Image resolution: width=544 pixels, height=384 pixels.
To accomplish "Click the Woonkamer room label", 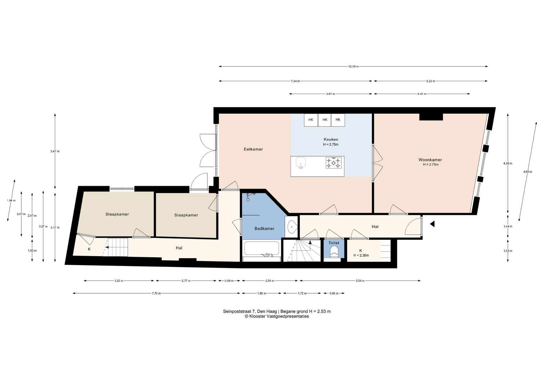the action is [430, 160].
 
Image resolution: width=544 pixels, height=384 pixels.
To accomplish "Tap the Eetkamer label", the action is [253, 149].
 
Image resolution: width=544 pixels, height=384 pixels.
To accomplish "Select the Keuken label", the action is [331, 139].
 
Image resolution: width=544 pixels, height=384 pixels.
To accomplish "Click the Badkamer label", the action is [264, 228].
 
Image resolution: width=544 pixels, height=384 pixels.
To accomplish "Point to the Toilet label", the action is [334, 243].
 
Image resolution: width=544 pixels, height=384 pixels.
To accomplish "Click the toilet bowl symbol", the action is [334, 252].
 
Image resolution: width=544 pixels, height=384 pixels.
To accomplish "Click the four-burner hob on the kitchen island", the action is [333, 163].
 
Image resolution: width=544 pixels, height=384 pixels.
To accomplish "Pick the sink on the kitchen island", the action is [301, 163].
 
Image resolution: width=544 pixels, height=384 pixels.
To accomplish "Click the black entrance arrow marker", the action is [432, 224].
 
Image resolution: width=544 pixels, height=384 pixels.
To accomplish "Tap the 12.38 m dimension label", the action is [353, 66].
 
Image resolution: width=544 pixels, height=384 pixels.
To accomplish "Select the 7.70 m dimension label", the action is [156, 293].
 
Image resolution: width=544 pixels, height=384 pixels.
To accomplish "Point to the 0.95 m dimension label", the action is [334, 293].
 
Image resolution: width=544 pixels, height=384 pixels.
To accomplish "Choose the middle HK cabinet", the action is [325, 120].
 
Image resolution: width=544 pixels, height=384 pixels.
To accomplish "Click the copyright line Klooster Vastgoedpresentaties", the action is [277, 316].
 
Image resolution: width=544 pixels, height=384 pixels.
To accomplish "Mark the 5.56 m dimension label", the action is [360, 281].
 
